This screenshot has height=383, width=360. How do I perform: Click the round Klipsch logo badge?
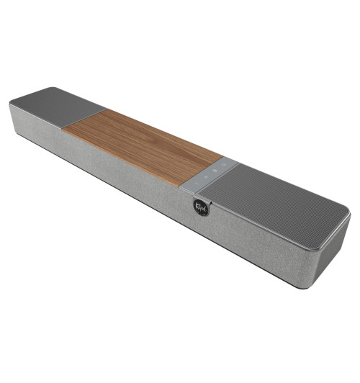pyautogui.click(x=201, y=207)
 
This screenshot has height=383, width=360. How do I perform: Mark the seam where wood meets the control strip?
pyautogui.click(x=202, y=167)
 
